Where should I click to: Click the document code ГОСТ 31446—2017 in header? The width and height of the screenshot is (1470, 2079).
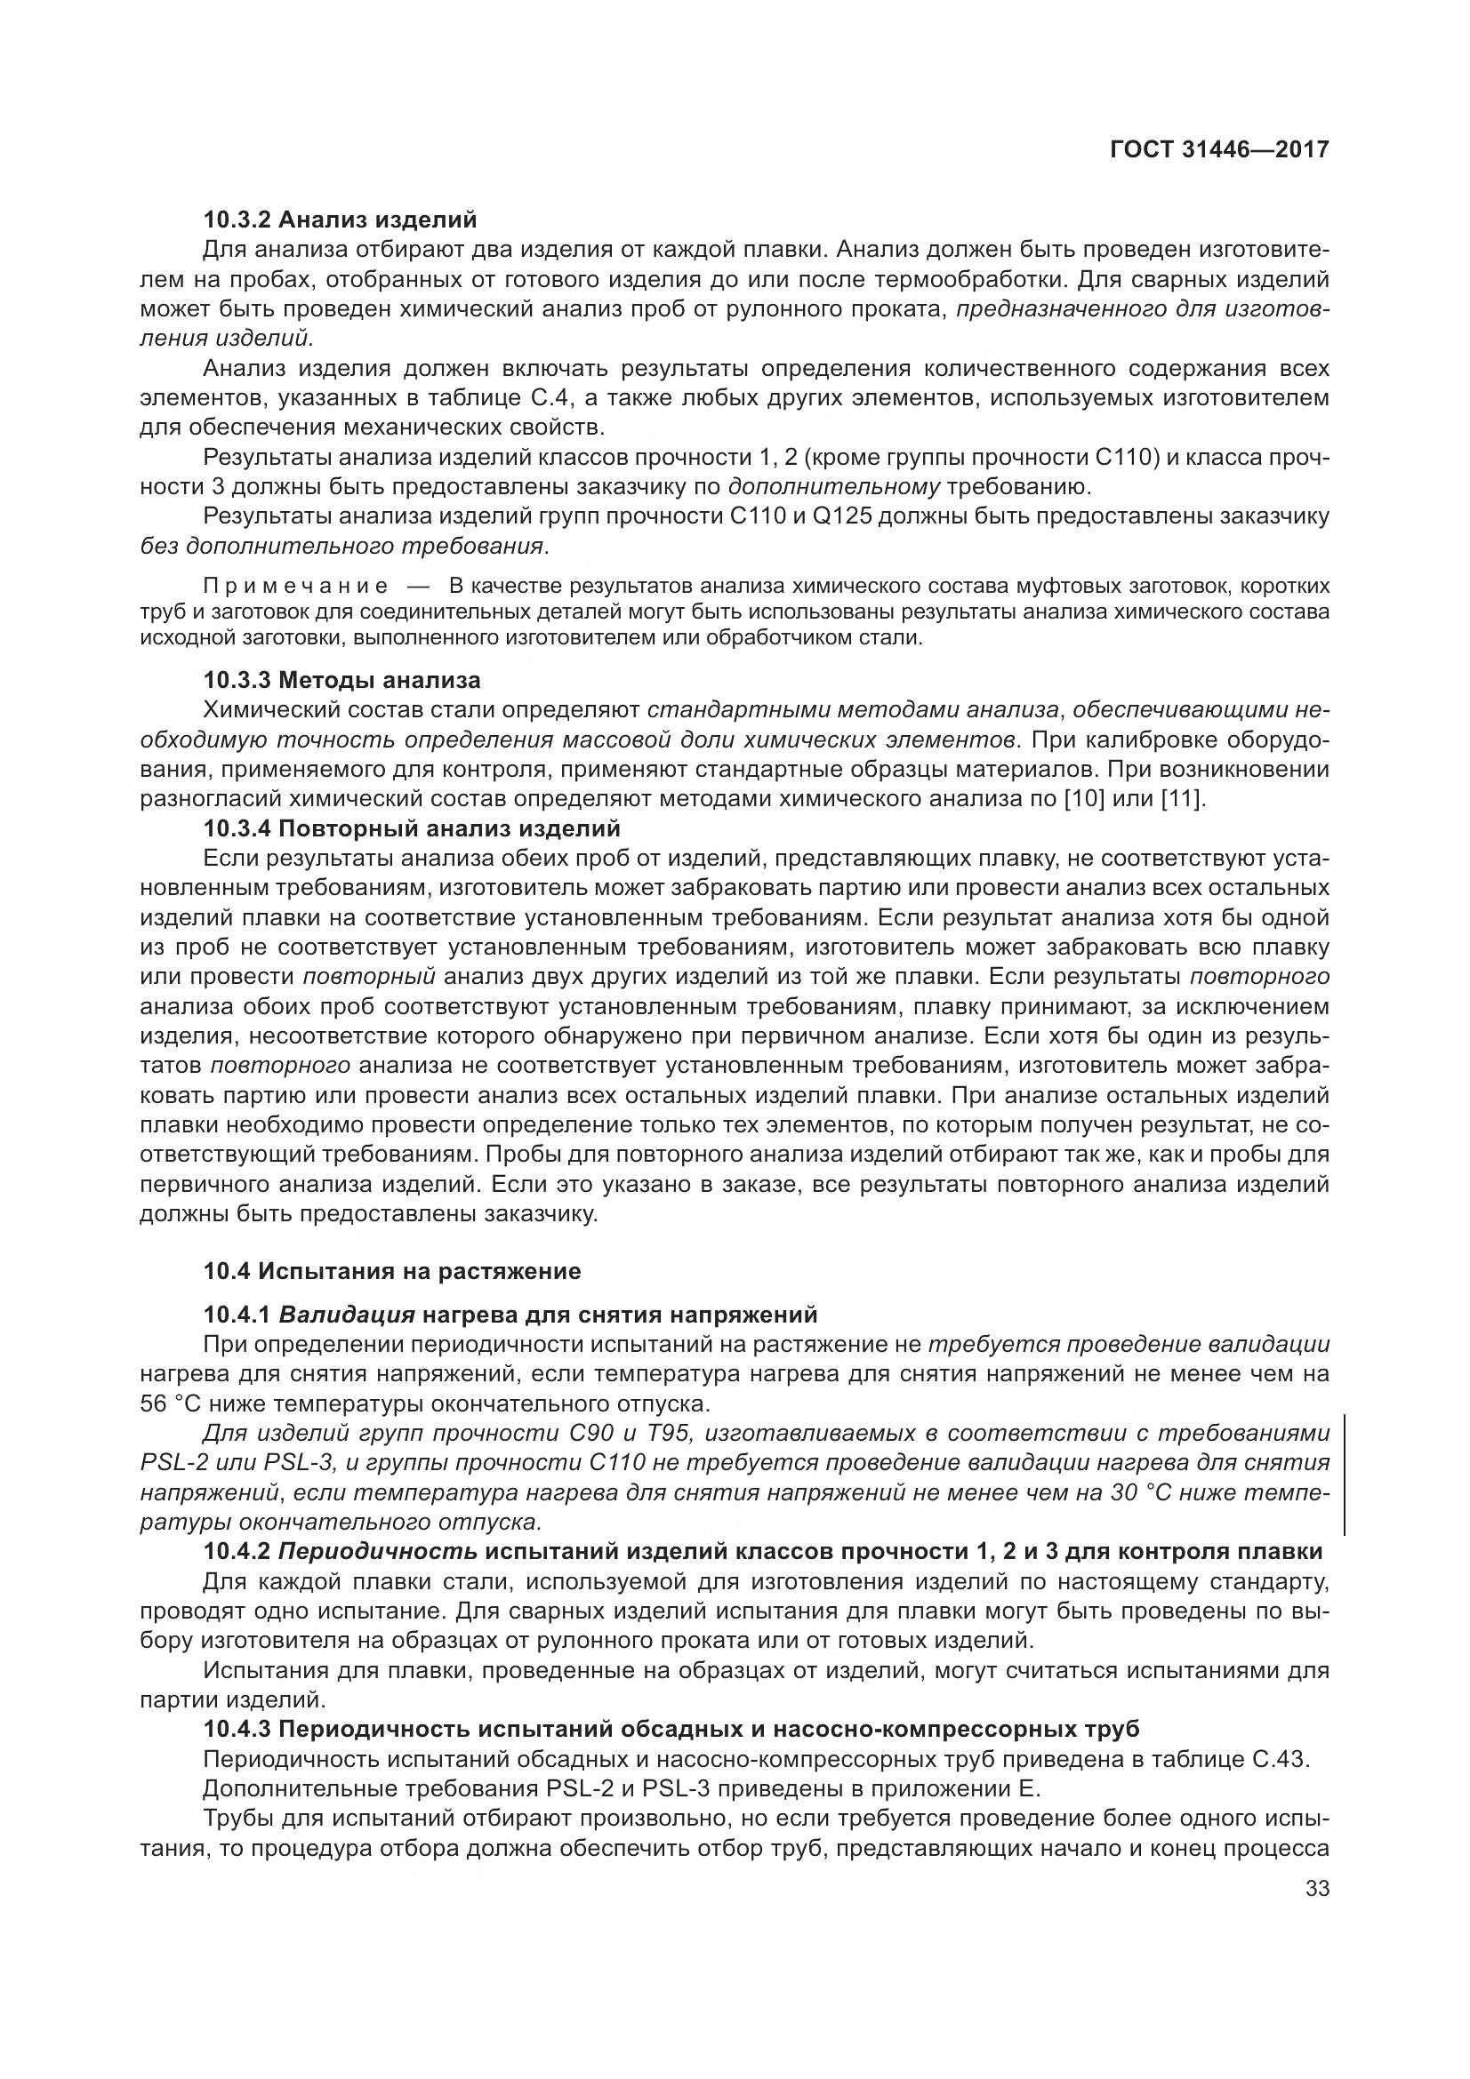1219,149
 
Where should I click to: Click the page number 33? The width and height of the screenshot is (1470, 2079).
1317,1889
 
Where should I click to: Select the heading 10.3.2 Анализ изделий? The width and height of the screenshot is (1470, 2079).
340,220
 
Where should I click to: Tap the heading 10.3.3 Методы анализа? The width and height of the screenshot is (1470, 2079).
341,679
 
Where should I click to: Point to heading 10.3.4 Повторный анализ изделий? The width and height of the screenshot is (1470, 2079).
411,828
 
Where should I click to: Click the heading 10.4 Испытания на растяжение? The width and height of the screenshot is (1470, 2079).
391,1271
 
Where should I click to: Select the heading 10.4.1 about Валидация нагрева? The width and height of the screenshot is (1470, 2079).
510,1314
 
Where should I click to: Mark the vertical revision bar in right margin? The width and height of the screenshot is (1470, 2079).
1344,1476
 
